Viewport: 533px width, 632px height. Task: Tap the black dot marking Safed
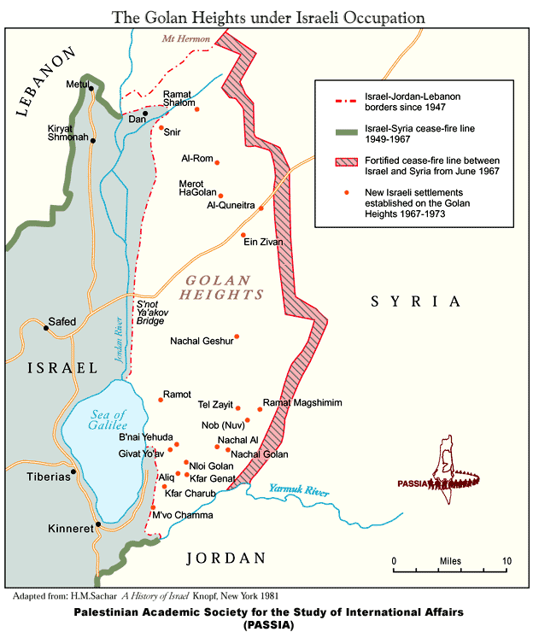[x=46, y=328]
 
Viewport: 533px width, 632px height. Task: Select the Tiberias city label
[x=48, y=477]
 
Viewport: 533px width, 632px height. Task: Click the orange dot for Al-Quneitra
[x=261, y=208]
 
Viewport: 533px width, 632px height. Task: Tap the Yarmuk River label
[x=299, y=490]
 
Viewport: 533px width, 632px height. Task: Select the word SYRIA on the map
[x=415, y=301]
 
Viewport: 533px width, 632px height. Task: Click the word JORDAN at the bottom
[x=226, y=559]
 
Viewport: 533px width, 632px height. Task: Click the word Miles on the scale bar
[x=450, y=561]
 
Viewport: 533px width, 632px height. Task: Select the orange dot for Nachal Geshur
[x=237, y=336]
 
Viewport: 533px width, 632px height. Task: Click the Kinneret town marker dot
[x=99, y=524]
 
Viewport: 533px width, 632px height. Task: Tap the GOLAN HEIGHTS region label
[x=220, y=287]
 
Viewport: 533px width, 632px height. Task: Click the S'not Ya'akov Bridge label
[x=155, y=313]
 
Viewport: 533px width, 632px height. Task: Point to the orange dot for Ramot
[x=160, y=399]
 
